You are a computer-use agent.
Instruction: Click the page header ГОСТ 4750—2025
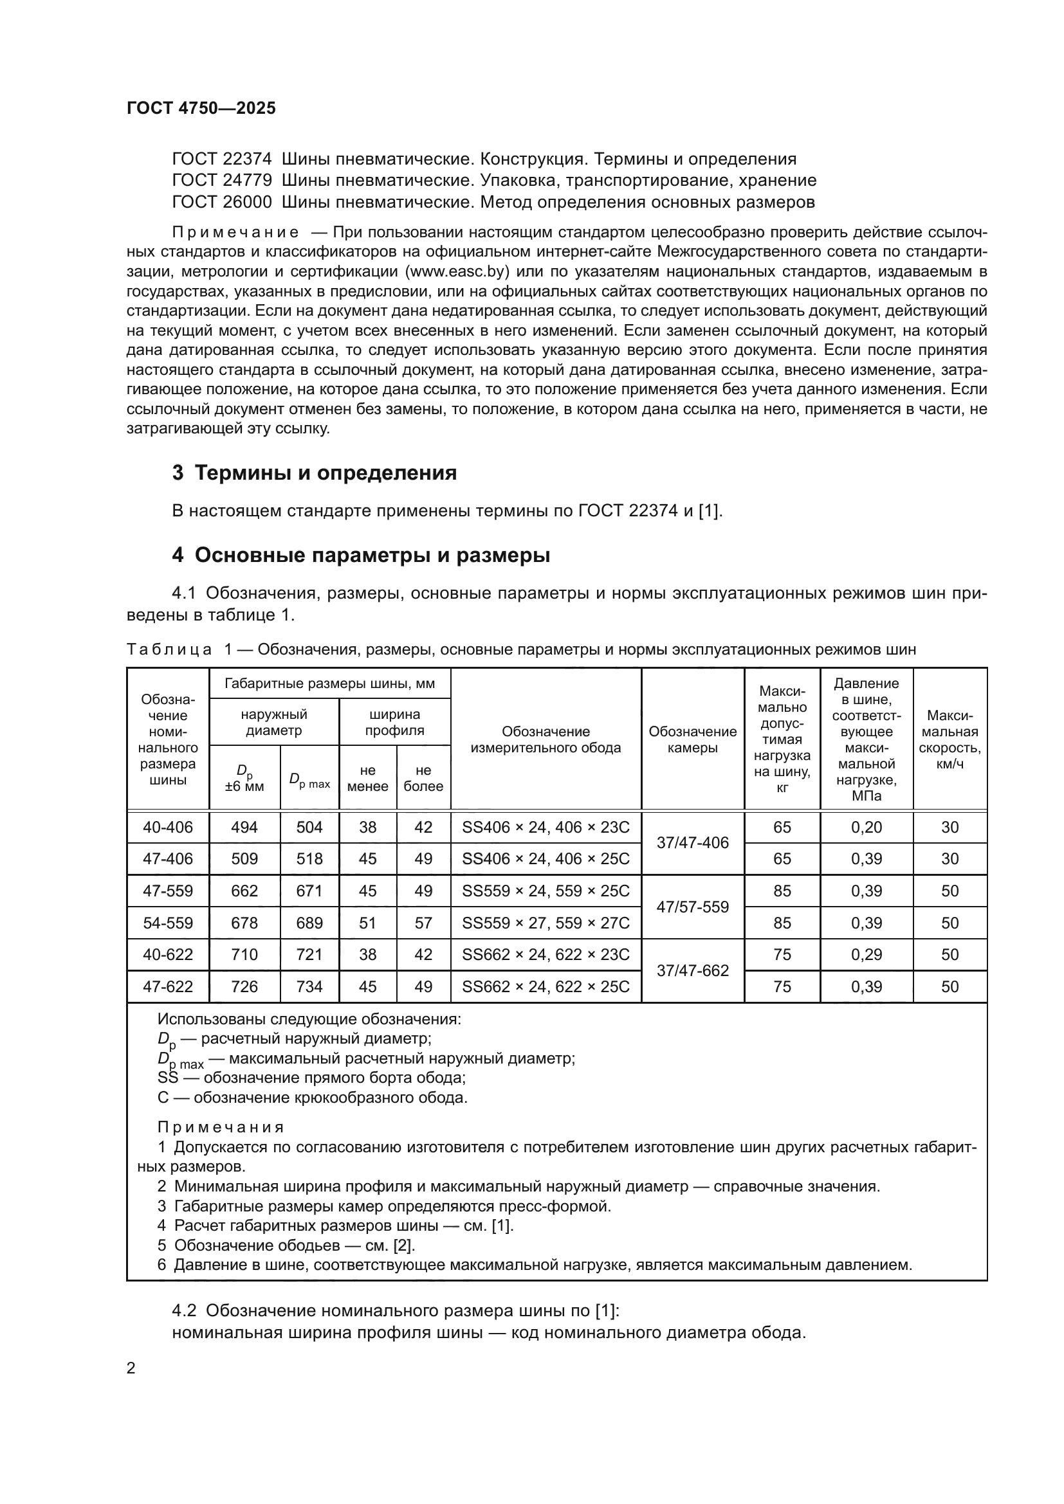coord(201,108)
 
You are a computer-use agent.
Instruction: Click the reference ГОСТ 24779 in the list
coord(221,180)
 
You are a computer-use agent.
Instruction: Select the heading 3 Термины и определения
coord(315,473)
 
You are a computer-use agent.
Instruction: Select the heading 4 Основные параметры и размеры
coord(361,555)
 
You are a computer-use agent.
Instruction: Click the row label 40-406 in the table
coord(168,828)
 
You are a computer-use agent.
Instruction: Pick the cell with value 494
coord(244,828)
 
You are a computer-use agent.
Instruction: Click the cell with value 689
coord(309,923)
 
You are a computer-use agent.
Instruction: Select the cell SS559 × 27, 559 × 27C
coord(546,923)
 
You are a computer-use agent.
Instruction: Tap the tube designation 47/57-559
coord(693,907)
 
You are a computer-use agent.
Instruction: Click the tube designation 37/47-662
coord(693,971)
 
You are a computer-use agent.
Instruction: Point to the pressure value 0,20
coord(866,828)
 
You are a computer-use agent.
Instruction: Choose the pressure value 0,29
coord(866,954)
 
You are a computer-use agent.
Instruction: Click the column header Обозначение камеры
coord(693,739)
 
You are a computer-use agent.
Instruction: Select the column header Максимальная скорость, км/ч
coord(949,739)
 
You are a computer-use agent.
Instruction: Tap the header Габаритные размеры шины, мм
coord(329,684)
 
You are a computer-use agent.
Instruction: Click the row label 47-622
coord(168,986)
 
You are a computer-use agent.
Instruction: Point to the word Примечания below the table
coord(221,1127)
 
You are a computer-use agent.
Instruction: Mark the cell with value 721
coord(309,954)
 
